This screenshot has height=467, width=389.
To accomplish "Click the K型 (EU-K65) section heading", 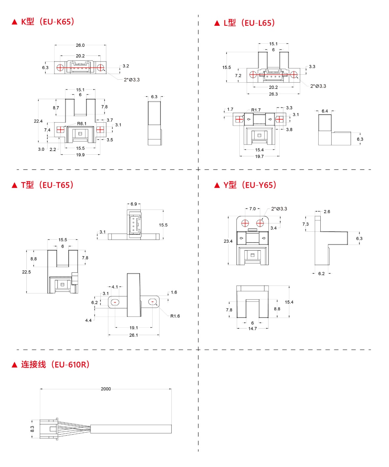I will coord(43,22).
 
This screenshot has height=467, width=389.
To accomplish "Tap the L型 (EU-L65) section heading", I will coord(245,23).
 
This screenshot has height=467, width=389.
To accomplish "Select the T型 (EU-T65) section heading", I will coord(43,185).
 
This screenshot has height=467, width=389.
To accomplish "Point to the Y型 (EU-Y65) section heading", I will coord(245,185).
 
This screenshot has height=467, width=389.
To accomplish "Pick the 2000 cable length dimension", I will coord(106,389).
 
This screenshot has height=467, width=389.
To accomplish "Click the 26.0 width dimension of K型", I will coord(80,45).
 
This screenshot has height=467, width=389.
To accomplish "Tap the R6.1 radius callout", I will coord(82,124).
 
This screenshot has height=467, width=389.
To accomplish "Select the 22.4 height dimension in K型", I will coord(38,121).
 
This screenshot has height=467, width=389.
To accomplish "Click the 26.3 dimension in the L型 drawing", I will coord(273,94).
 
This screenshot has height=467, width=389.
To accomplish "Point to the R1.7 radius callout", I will coord(256,110).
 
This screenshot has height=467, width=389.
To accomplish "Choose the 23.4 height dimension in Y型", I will coord(228,241).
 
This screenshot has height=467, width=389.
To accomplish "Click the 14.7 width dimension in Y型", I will coord(253,329).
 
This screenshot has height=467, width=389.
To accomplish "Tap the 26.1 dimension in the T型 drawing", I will coord(133,335).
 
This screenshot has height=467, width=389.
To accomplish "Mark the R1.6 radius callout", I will coord(175,316).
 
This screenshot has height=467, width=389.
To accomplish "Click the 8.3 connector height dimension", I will coord(32,429).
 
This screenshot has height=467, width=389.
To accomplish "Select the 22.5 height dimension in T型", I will coord(26,272).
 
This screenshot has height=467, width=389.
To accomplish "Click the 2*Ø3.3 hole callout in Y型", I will coord(279,209).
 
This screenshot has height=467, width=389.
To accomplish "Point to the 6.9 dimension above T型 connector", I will coord(134,204).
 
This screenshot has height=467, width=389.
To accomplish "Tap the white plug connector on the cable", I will coord(49,429).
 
